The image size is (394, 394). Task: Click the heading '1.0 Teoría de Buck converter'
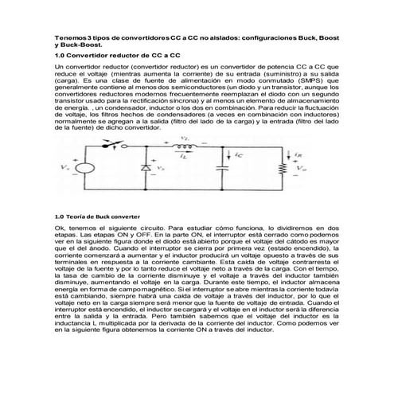(x=97, y=216)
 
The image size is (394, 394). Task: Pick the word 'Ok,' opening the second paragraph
(x=59, y=228)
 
